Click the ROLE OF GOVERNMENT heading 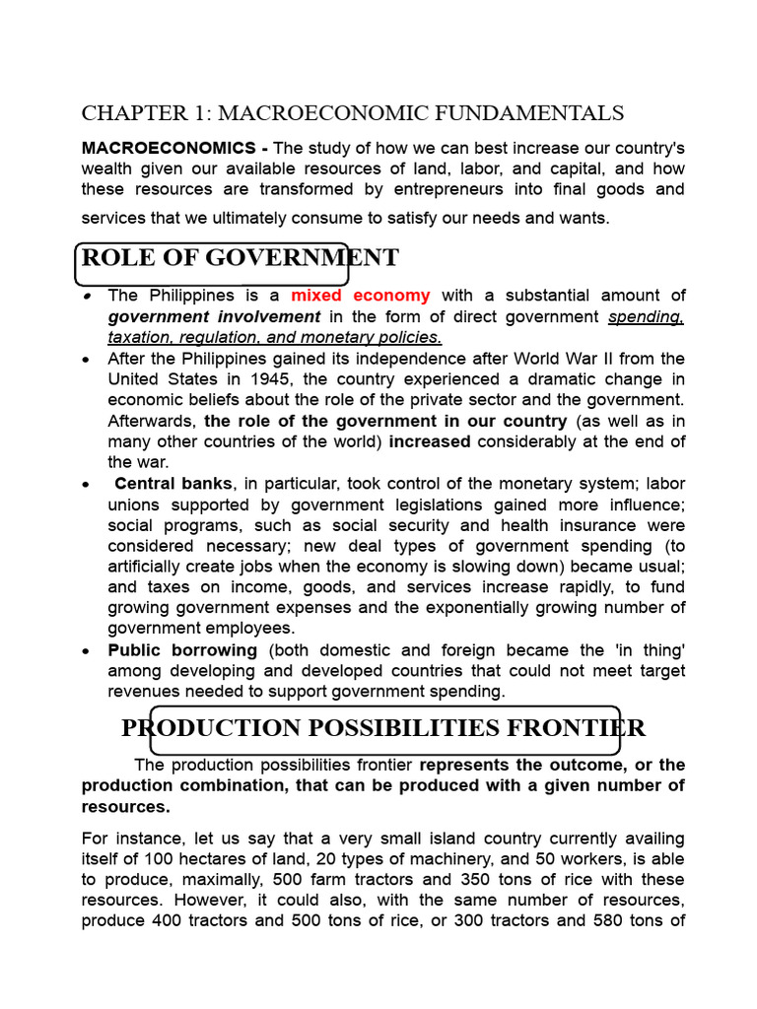click(x=240, y=258)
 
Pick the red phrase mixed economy click(x=360, y=296)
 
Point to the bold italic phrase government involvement click(x=214, y=316)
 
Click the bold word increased click(x=430, y=441)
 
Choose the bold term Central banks click(x=173, y=483)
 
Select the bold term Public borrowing click(x=182, y=650)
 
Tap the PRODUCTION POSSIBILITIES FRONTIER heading click(x=383, y=728)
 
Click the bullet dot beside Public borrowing click(x=88, y=651)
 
